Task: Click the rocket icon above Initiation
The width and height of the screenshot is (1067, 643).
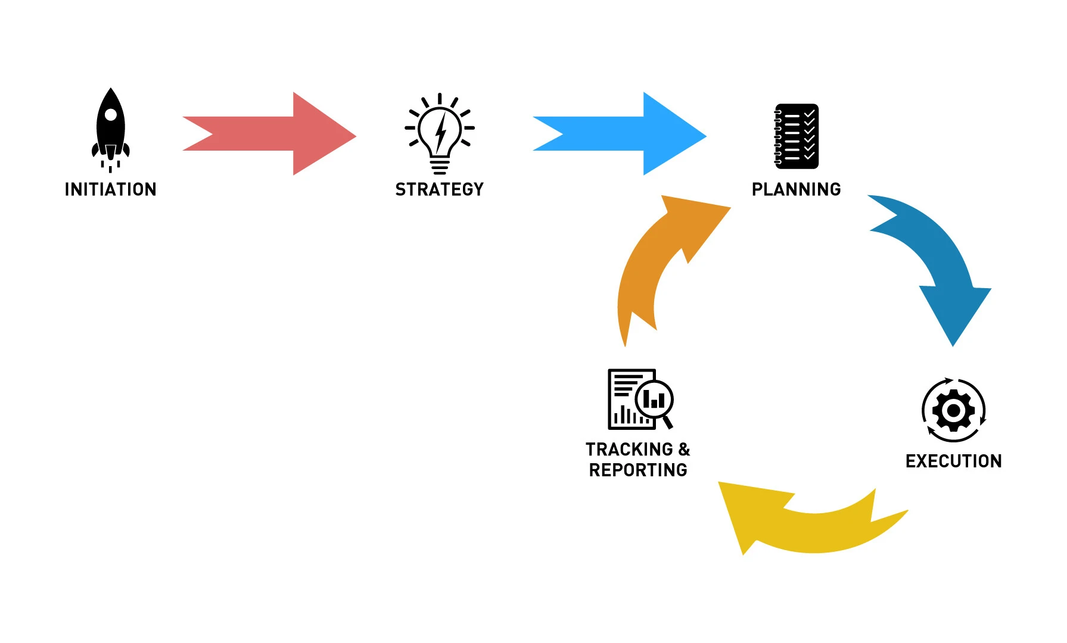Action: (110, 128)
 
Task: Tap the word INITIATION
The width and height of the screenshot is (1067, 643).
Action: (110, 189)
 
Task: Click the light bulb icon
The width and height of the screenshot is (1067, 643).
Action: (440, 132)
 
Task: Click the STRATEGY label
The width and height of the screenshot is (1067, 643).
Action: (440, 189)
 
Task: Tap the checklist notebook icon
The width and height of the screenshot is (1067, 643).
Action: (796, 136)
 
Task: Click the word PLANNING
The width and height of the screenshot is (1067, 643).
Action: (796, 189)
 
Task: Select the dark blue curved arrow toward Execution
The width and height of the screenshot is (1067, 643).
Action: (935, 256)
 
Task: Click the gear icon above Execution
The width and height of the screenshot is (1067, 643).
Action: (953, 410)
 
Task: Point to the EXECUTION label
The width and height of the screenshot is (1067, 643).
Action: (953, 461)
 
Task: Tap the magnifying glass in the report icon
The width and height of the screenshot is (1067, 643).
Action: (654, 400)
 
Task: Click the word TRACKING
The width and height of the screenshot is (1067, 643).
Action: (629, 449)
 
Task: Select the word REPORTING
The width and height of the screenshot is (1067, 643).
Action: (638, 470)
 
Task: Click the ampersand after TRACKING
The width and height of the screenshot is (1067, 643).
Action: (684, 449)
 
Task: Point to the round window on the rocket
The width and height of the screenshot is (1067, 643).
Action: (111, 114)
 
